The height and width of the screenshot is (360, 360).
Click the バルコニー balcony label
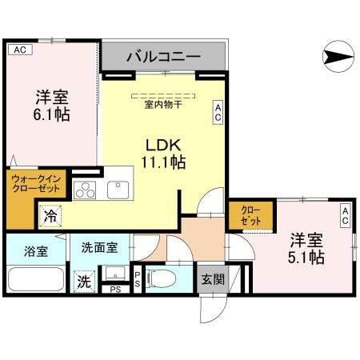163,58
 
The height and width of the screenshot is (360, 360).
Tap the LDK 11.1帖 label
165,154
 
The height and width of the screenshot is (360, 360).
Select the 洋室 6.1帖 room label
51,106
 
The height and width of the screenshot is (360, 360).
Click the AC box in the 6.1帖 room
20,50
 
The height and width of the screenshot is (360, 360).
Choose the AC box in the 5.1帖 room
346,214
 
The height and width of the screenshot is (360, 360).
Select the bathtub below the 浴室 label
35,279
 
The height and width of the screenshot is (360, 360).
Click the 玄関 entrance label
212,279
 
